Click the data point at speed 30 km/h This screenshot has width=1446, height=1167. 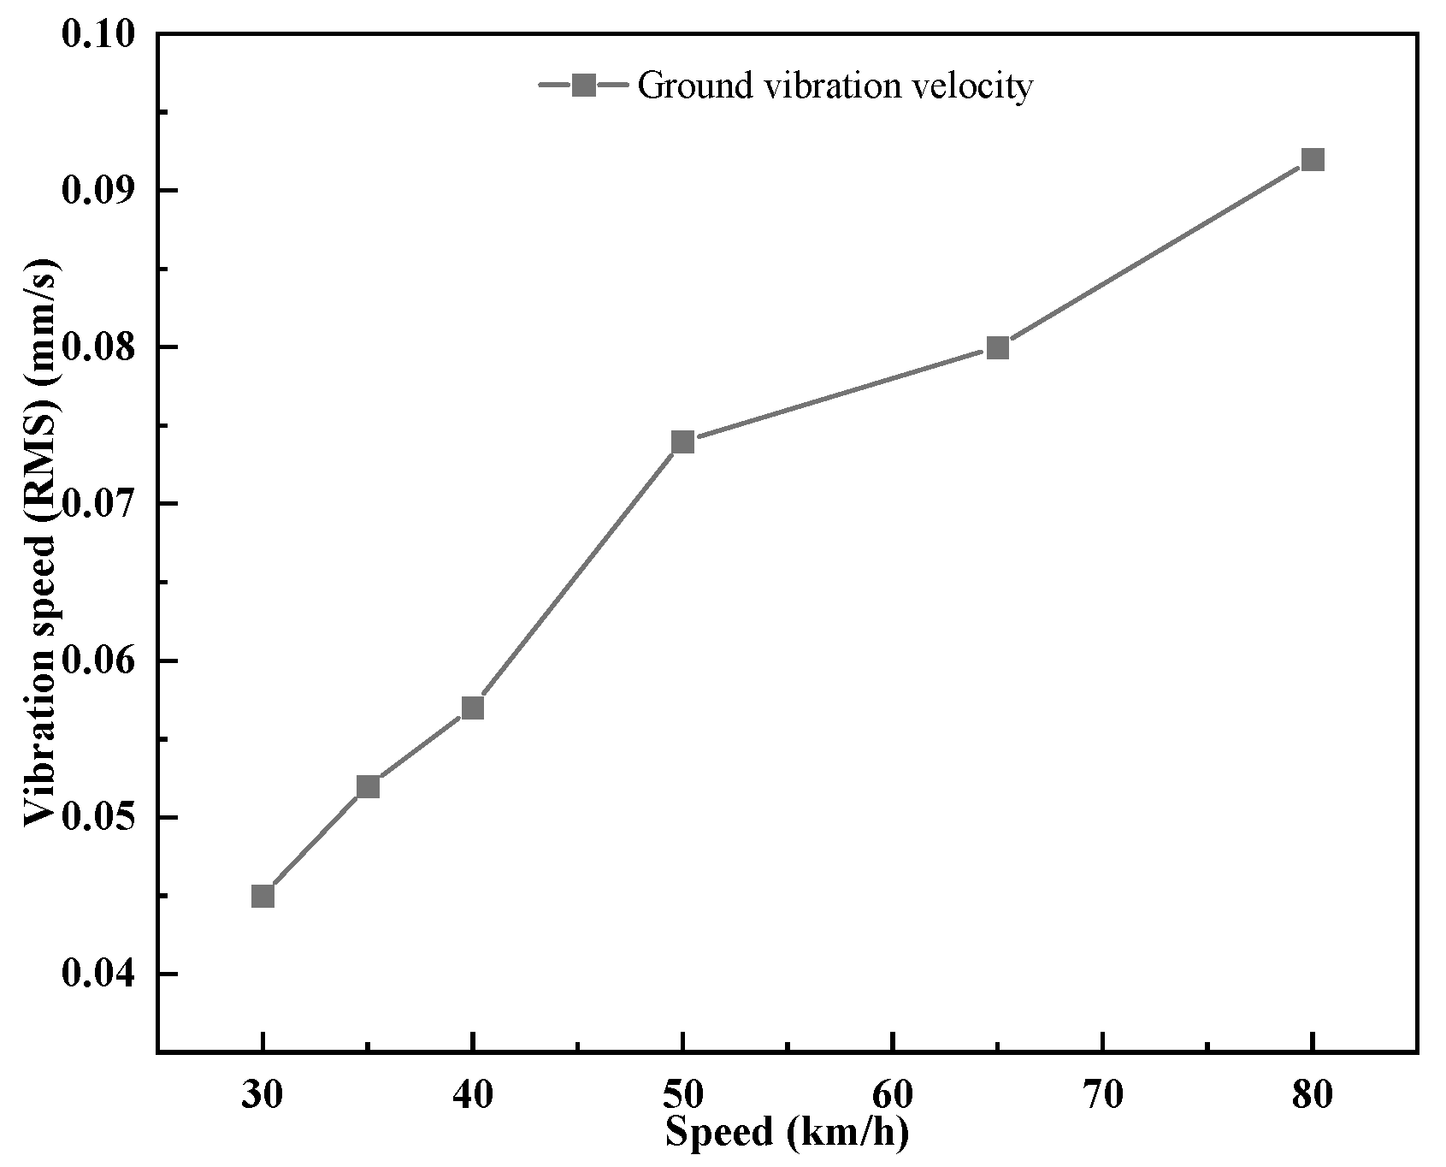(x=263, y=896)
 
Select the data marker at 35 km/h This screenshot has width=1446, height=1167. (x=368, y=786)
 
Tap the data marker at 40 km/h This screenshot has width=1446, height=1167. (x=473, y=708)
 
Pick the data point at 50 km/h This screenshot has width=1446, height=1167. (x=682, y=441)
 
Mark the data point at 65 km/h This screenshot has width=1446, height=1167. (x=997, y=347)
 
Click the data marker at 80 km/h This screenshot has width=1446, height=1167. (x=1313, y=159)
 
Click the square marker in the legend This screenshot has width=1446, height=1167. (x=584, y=85)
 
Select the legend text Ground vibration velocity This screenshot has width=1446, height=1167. (x=835, y=86)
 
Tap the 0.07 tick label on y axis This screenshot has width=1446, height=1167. (x=99, y=504)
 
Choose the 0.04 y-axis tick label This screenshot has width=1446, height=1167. (x=99, y=974)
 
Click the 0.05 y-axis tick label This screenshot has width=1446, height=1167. (x=99, y=818)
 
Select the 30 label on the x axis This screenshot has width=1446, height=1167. (x=263, y=1095)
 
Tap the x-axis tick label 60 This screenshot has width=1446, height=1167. (x=892, y=1095)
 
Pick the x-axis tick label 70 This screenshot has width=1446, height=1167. (x=1102, y=1095)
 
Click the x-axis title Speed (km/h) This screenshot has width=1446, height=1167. (x=786, y=1133)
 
